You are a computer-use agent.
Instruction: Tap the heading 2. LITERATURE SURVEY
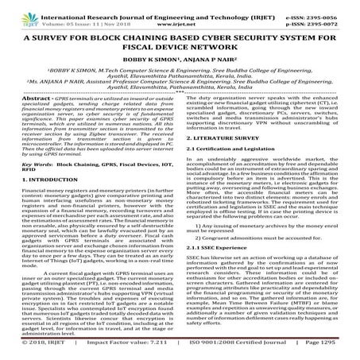point(227,160)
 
